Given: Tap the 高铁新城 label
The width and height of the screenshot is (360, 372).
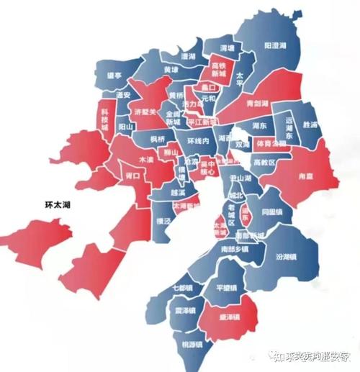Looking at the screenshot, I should [219, 70].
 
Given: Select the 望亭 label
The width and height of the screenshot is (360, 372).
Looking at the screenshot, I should [114, 74].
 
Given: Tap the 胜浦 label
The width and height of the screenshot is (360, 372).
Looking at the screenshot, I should [311, 124].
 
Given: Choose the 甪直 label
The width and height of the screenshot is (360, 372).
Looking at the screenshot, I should [315, 173].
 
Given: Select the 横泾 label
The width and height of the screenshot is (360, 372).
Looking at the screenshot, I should [165, 223].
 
